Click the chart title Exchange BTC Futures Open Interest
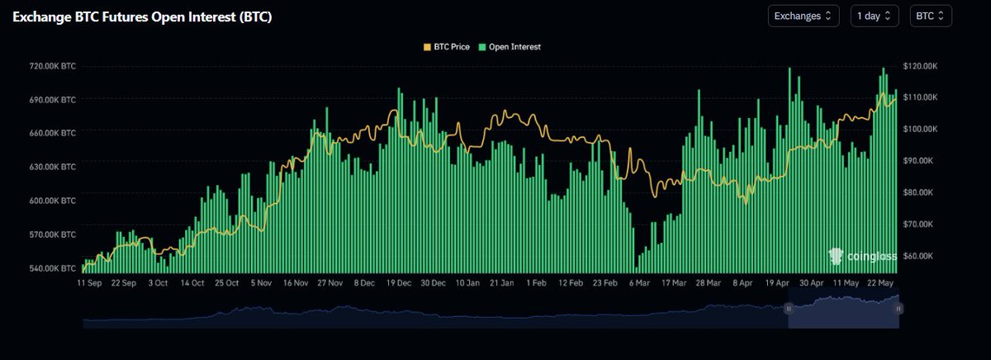142,17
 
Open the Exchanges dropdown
804,16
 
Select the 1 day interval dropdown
875,16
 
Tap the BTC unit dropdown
931,16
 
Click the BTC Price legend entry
447,47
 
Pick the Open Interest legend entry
510,47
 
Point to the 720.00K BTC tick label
52,66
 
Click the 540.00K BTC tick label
52,268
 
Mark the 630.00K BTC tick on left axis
52,167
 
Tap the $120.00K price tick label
920,66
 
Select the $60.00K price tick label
918,256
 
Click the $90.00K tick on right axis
918,160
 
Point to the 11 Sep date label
89,283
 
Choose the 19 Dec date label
399,283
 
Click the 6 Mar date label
639,283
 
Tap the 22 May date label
880,283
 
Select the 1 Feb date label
536,283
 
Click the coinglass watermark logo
862,256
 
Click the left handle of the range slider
789,309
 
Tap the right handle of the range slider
899,309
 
